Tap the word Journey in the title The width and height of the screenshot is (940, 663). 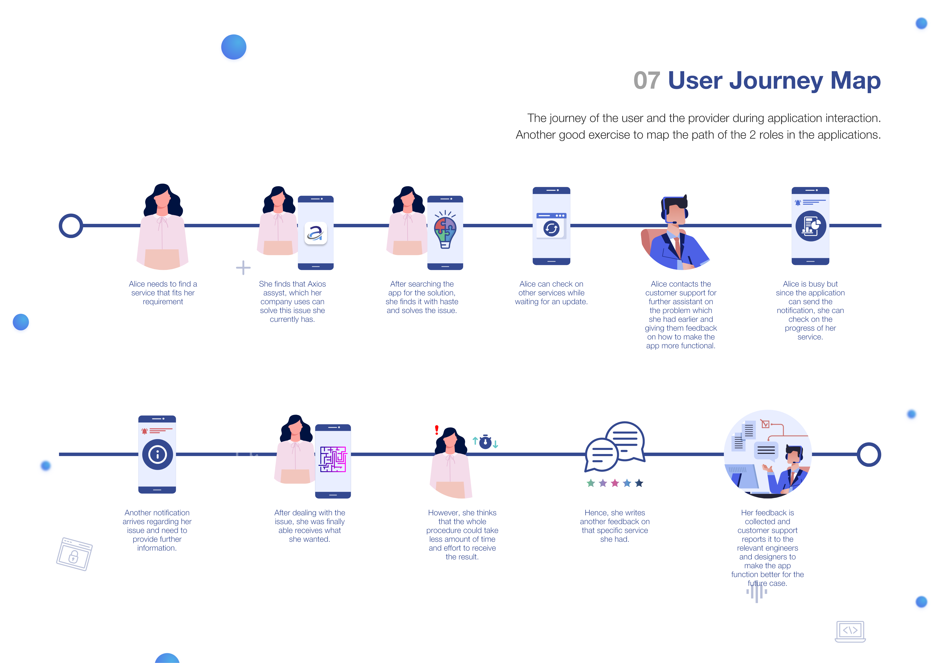click(x=775, y=80)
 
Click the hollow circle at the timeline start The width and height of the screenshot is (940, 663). click(x=71, y=226)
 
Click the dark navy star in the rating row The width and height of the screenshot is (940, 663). click(x=639, y=483)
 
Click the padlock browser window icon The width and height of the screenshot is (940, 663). click(x=74, y=554)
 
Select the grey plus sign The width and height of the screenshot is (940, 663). click(x=243, y=268)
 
